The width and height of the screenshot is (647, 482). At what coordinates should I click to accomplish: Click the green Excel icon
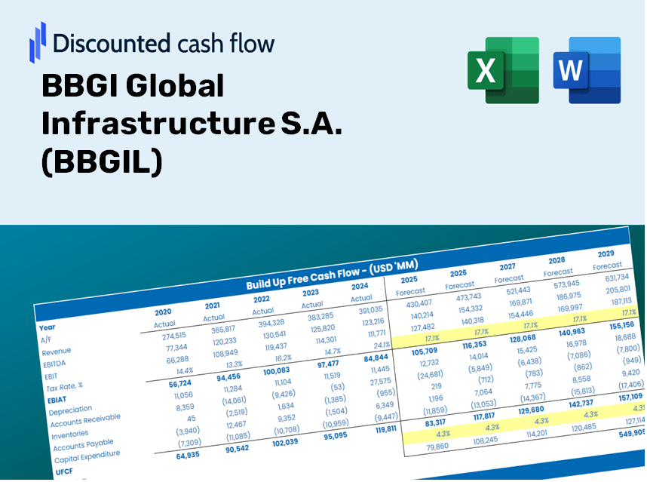click(503, 70)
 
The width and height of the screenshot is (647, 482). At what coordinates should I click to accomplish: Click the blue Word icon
click(587, 70)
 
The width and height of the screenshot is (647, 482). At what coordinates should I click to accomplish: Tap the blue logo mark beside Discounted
click(38, 42)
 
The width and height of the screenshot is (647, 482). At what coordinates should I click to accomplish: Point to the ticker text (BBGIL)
click(103, 162)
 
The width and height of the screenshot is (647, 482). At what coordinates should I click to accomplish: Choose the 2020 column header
click(163, 312)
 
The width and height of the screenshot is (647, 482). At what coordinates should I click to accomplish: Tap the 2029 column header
click(605, 253)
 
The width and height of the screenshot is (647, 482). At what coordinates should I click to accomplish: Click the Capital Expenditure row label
click(87, 455)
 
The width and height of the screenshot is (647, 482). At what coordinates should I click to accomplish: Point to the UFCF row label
click(64, 471)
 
